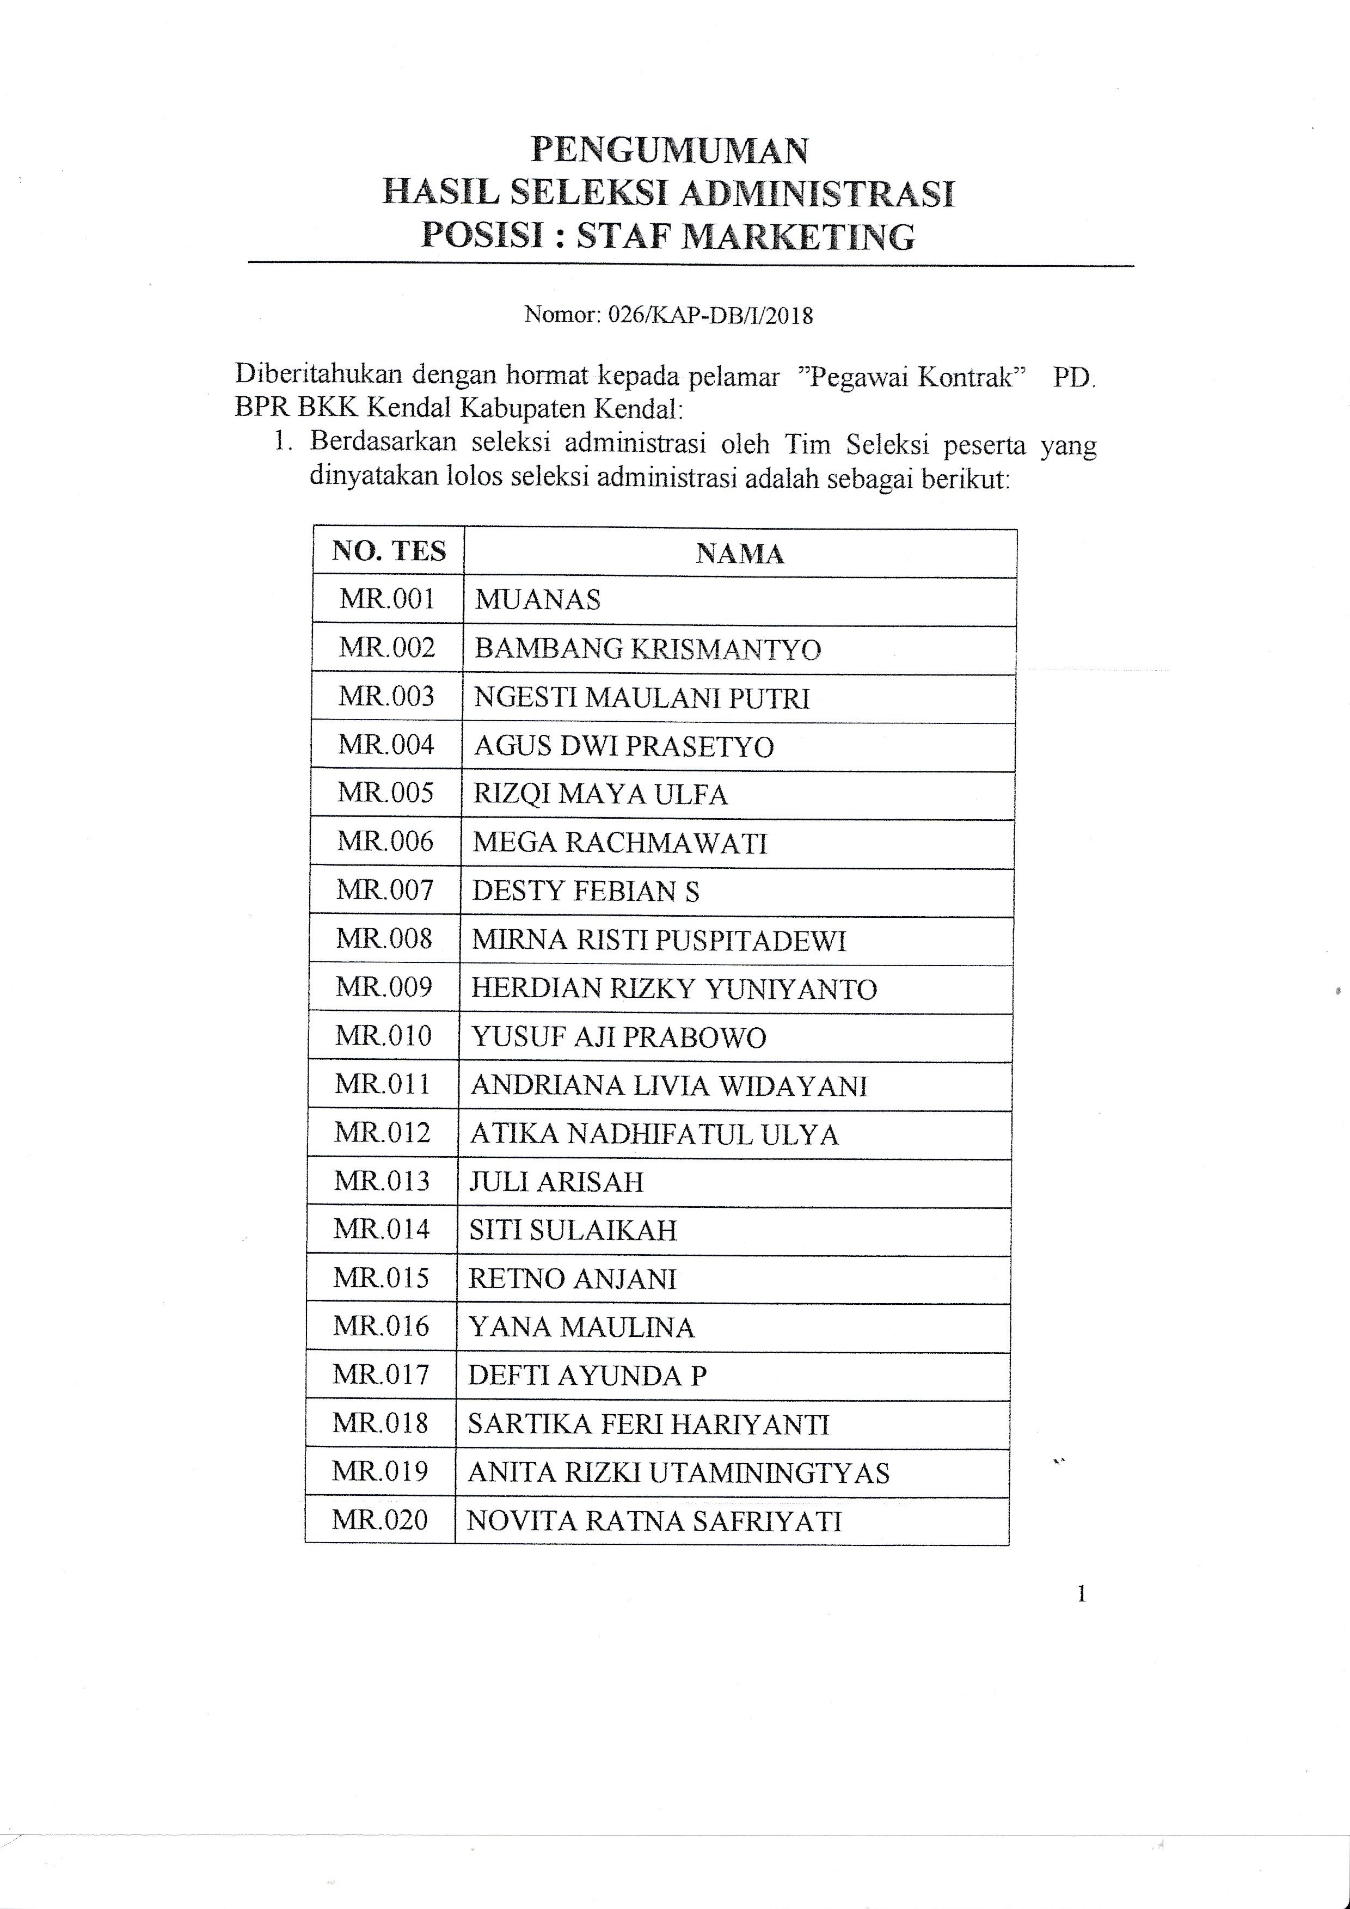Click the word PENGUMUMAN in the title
coord(669,150)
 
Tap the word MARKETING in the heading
coord(798,237)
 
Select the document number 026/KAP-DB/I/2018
coord(710,315)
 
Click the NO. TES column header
coord(388,551)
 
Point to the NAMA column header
coord(739,554)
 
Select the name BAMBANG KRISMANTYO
coord(648,648)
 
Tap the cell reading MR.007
coord(384,891)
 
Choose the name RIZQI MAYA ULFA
coord(600,794)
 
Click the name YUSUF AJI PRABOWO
coord(618,1037)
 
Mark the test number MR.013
coord(382,1181)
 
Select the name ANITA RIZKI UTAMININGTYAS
coord(678,1472)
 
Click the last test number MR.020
coord(380,1520)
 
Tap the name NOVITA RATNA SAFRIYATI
coord(654,1521)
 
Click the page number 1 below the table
coord(1082,1594)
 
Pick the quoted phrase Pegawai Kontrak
coord(913,377)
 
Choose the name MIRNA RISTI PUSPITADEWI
coord(658,941)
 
